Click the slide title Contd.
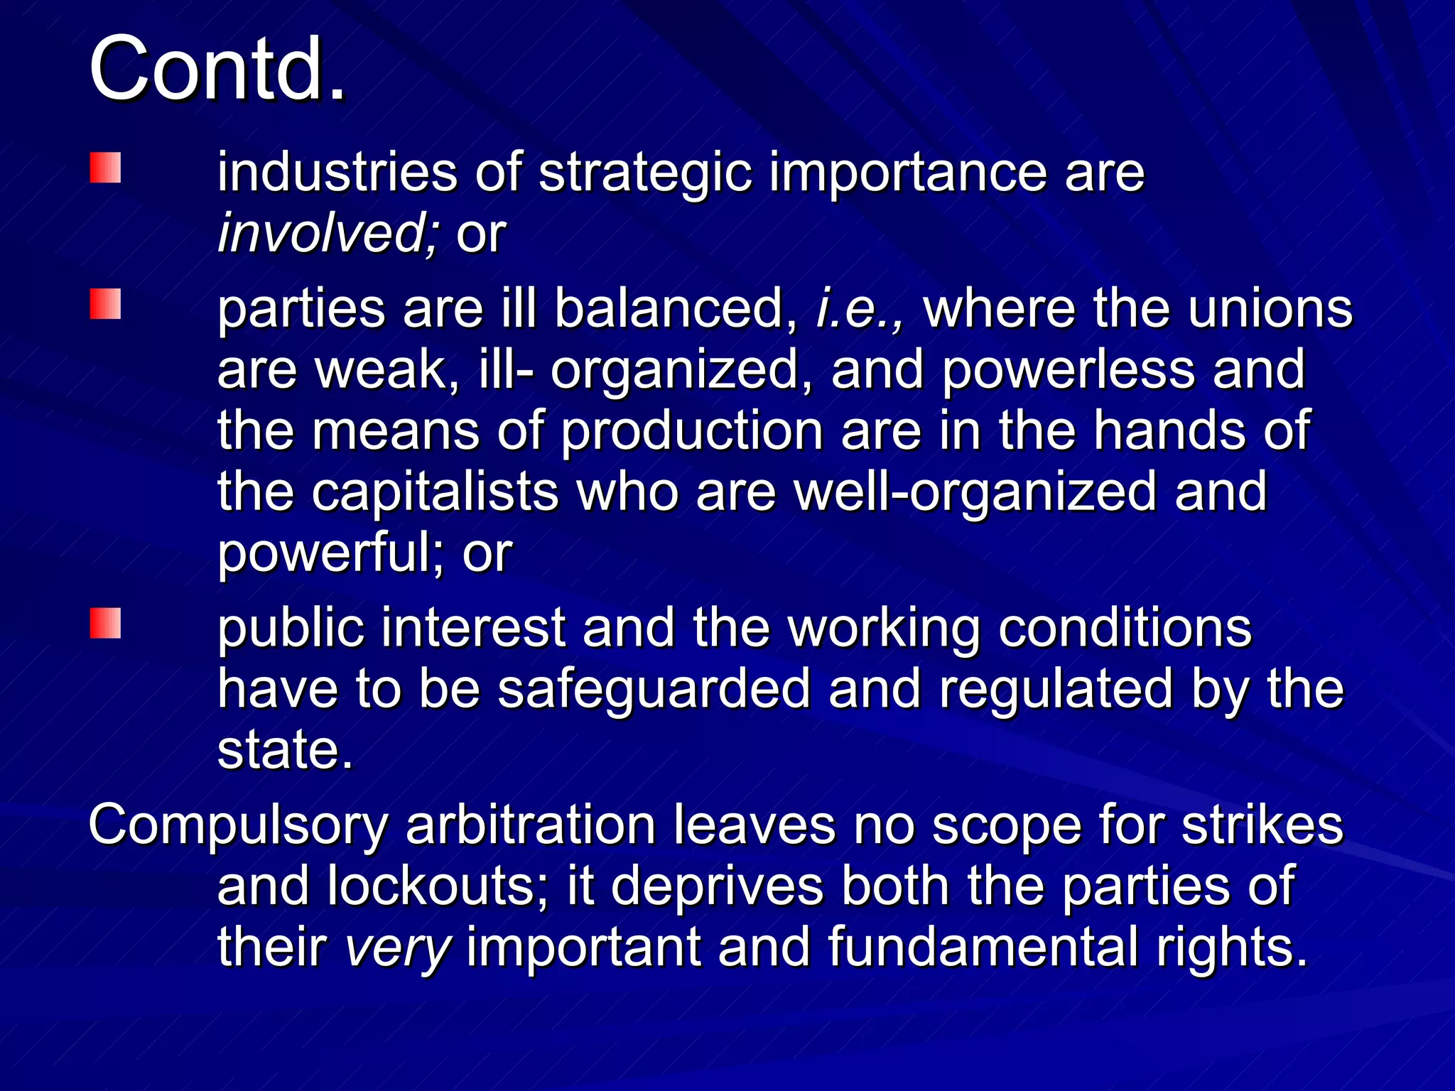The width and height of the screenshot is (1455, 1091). pyautogui.click(x=217, y=70)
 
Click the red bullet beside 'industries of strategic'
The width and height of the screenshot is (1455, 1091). pyautogui.click(x=105, y=168)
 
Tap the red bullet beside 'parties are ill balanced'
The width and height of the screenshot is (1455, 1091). pyautogui.click(x=105, y=304)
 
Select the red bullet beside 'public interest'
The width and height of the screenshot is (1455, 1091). pyautogui.click(x=105, y=623)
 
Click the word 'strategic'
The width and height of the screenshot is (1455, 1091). pyautogui.click(x=644, y=174)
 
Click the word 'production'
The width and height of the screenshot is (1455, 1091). pyautogui.click(x=691, y=432)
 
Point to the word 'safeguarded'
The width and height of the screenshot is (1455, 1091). pyautogui.click(x=653, y=690)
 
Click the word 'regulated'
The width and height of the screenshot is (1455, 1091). pyautogui.click(x=1055, y=690)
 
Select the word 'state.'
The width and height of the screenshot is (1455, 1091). pyautogui.click(x=285, y=750)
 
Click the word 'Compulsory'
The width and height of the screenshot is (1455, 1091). pyautogui.click(x=238, y=826)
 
